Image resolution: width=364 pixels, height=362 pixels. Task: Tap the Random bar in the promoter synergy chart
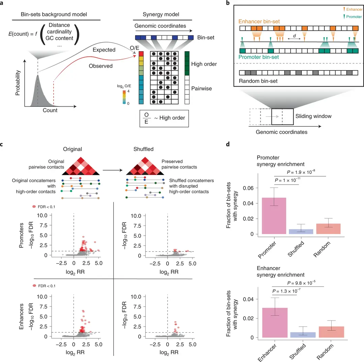tap(330, 229)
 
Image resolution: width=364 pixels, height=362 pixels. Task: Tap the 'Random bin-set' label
tap(256, 82)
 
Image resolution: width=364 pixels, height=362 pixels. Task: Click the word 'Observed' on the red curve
tap(101, 66)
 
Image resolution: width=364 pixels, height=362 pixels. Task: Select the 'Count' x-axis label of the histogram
tap(50, 111)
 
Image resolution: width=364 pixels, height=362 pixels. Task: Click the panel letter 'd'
tap(228, 145)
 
